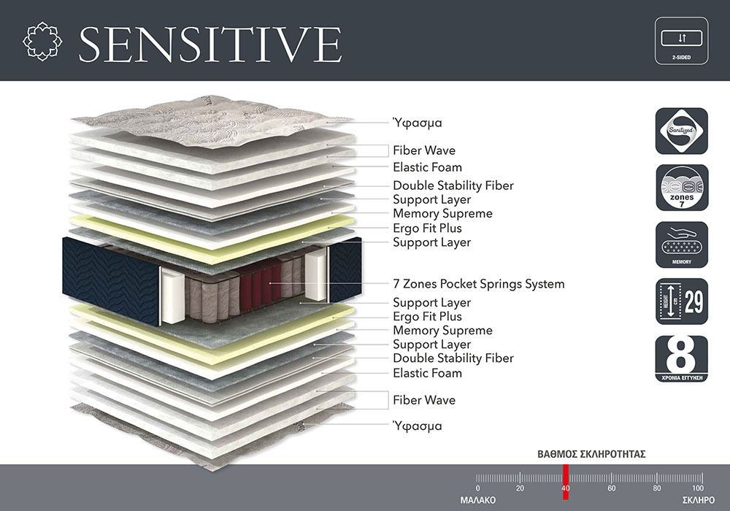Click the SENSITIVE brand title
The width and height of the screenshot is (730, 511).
click(x=210, y=44)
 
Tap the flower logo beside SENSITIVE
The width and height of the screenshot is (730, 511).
click(x=42, y=41)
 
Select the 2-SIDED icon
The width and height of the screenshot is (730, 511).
click(x=681, y=41)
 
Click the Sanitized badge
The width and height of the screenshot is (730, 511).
click(x=682, y=131)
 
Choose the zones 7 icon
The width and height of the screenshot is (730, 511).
click(x=682, y=188)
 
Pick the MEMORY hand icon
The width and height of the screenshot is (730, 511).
click(x=682, y=245)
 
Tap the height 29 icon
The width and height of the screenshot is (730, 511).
click(x=682, y=301)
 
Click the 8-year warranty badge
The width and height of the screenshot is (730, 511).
click(x=682, y=359)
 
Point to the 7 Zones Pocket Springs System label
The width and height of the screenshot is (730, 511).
click(x=479, y=284)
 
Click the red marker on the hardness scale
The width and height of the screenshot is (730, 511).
click(x=566, y=482)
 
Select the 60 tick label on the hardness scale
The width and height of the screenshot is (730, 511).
click(x=611, y=488)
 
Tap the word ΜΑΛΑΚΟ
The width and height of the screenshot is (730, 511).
click(x=477, y=500)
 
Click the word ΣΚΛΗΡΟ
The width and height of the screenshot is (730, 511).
click(x=699, y=500)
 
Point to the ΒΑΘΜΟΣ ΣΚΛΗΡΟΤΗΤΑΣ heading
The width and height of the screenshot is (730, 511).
click(x=591, y=454)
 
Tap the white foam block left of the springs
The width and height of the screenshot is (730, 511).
click(x=173, y=296)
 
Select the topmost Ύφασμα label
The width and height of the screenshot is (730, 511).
click(x=417, y=123)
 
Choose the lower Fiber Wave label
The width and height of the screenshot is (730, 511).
click(x=424, y=400)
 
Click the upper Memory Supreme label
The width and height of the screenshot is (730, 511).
click(x=443, y=214)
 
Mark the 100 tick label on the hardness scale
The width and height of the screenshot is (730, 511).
click(x=697, y=488)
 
